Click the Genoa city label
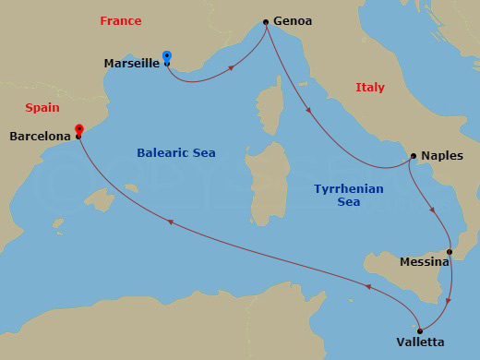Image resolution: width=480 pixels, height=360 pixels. (293, 21)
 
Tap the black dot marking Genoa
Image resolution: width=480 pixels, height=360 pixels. (266, 22)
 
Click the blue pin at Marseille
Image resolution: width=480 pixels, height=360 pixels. (166, 56)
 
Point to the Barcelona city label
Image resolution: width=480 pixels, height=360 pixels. (40, 137)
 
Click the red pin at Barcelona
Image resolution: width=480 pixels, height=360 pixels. (79, 130)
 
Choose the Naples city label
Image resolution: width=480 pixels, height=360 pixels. (443, 156)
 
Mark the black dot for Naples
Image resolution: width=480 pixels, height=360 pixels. (414, 156)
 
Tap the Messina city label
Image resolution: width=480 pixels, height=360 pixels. (425, 262)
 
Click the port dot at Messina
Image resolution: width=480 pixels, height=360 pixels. (450, 252)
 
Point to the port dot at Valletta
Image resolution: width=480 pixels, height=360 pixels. (420, 331)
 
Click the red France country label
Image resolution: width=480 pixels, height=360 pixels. (121, 20)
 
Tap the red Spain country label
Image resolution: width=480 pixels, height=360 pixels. (42, 107)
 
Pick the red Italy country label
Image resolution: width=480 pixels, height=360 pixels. (369, 87)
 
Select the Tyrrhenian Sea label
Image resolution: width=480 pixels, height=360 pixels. (348, 195)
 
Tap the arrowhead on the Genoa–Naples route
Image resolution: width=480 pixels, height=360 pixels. (308, 113)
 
